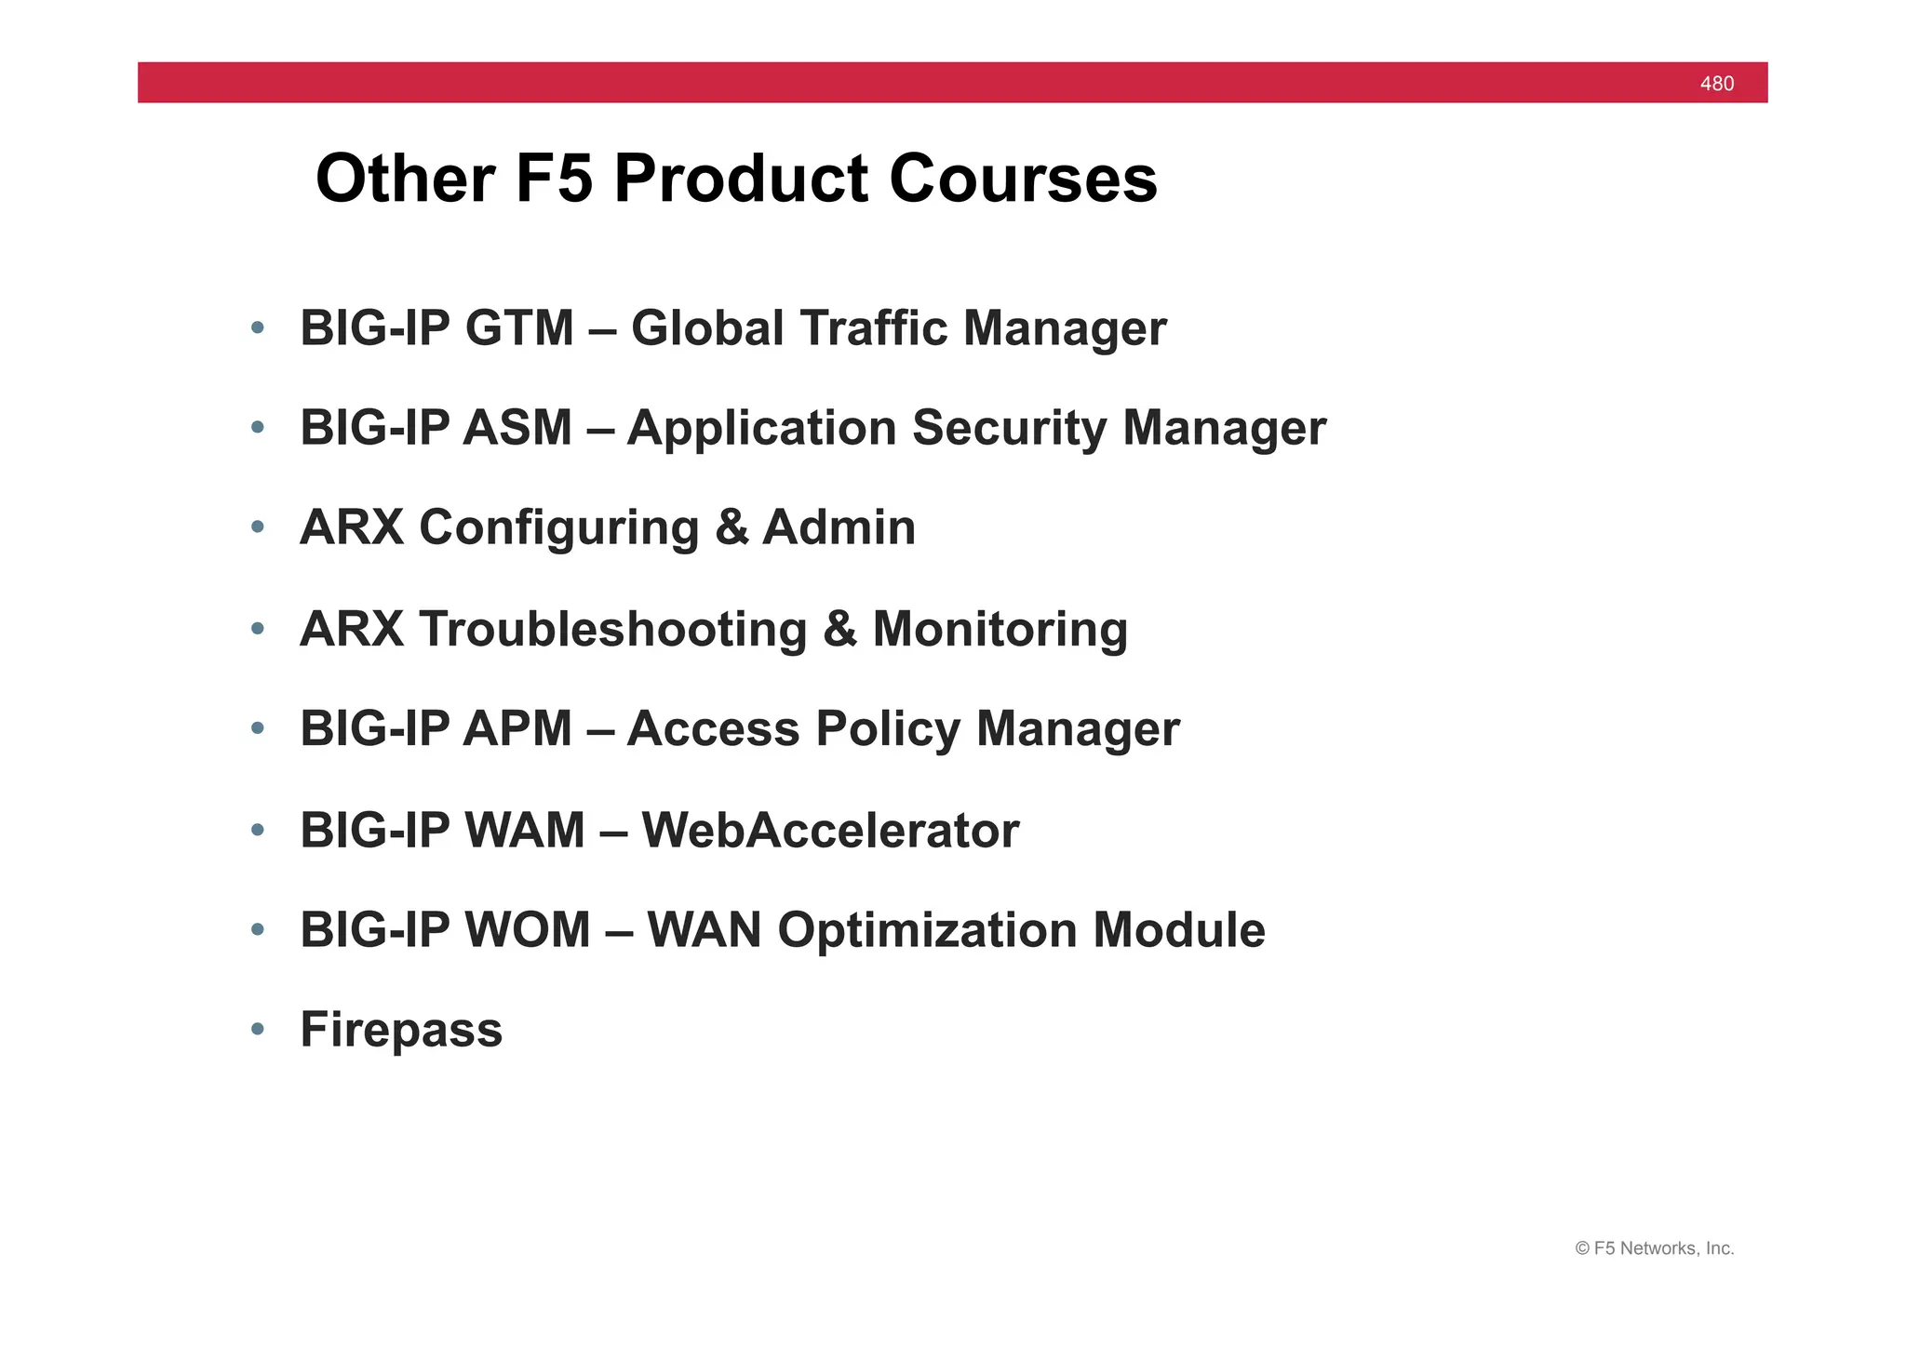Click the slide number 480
pyautogui.click(x=1716, y=84)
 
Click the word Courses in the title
pyautogui.click(x=1023, y=179)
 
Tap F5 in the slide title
pyautogui.click(x=554, y=179)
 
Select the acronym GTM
pyautogui.click(x=519, y=328)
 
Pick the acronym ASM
pyautogui.click(x=517, y=428)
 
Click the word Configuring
pyautogui.click(x=558, y=528)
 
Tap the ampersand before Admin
pyautogui.click(x=732, y=527)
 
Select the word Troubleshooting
pyautogui.click(x=612, y=629)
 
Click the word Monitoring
pyautogui.click(x=1000, y=629)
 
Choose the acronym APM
pyautogui.click(x=517, y=728)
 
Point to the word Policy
pyautogui.click(x=887, y=728)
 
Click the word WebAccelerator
pyautogui.click(x=830, y=830)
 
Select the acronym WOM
pyautogui.click(x=527, y=929)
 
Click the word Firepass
pyautogui.click(x=401, y=1030)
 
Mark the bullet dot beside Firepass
pyautogui.click(x=258, y=1029)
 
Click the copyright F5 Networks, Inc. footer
pyautogui.click(x=1654, y=1248)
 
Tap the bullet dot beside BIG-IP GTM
pyautogui.click(x=258, y=327)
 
